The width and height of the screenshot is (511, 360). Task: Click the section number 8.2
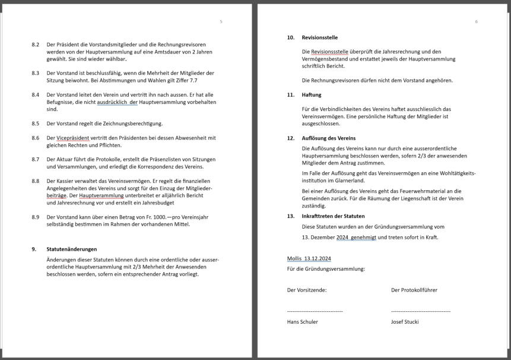[x=36, y=45]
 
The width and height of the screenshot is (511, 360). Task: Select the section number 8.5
[x=36, y=124]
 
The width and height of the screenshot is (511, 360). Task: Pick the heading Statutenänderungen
[x=72, y=249]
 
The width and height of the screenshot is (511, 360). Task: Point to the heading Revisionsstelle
[x=320, y=37]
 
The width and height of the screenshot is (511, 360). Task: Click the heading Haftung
[x=312, y=94]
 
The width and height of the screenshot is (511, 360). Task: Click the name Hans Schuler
[x=302, y=322]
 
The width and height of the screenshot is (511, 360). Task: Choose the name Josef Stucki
[x=405, y=322]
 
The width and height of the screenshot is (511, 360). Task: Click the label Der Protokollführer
[x=414, y=290]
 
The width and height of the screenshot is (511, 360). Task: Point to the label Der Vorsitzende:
[x=307, y=290]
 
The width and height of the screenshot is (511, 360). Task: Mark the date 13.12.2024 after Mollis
[x=318, y=258]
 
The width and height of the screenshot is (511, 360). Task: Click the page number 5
[x=221, y=21]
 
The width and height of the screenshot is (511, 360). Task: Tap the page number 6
[x=476, y=21]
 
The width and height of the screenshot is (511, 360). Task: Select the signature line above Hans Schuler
[x=315, y=311]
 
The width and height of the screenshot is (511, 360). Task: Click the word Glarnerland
[x=348, y=181]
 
